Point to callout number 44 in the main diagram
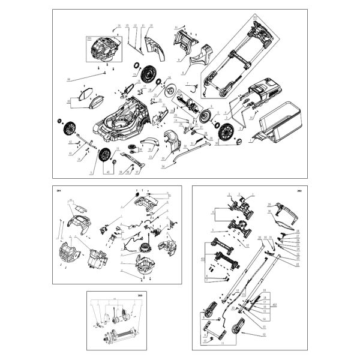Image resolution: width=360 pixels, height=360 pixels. [69, 79]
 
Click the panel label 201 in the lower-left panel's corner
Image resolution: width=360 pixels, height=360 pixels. [59, 190]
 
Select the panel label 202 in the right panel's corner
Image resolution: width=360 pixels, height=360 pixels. [298, 190]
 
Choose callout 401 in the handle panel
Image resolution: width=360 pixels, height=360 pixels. [203, 259]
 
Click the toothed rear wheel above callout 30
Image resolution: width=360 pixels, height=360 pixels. [227, 131]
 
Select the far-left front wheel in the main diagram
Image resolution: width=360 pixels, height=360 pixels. [70, 127]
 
